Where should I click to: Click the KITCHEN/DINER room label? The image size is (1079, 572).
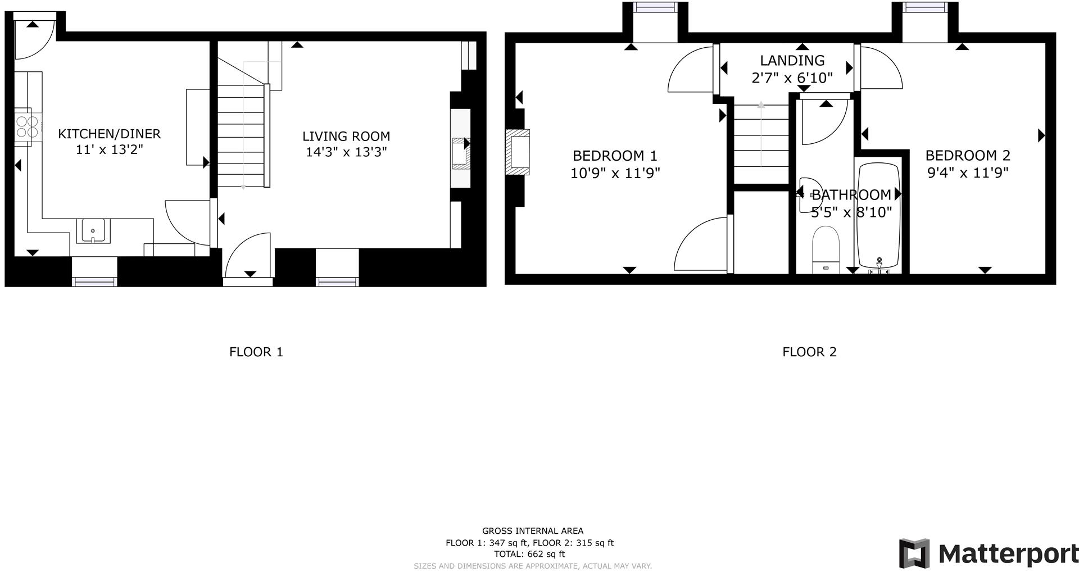110,134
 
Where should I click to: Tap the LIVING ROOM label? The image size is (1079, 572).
346,136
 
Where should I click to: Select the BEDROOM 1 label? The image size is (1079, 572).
615,156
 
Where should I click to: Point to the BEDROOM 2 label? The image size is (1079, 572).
968,156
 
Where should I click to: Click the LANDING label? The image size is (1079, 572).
792,60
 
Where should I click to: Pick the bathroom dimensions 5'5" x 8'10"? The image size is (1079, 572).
851,212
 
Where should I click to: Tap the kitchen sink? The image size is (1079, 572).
93,230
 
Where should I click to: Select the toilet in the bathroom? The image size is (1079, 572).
826,250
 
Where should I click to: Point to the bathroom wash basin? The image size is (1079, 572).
810,194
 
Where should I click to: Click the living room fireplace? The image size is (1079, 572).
461,153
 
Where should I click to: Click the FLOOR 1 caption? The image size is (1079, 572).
256,352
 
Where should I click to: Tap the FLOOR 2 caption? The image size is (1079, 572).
809,352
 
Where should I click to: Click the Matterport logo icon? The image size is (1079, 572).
914,553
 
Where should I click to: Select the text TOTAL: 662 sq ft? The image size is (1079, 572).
529,554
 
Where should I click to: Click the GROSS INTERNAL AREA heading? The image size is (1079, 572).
533,531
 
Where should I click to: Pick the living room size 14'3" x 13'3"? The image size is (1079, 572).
346,152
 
